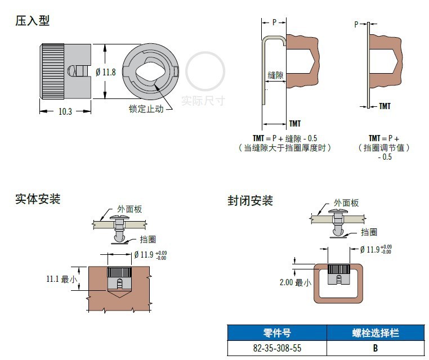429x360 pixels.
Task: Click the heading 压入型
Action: point(32,21)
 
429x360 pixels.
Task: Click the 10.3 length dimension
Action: point(65,111)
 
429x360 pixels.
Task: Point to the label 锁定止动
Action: point(146,109)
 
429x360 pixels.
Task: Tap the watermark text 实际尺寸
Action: point(203,101)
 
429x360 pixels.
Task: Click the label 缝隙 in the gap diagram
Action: point(275,75)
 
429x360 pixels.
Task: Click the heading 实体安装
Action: point(37,199)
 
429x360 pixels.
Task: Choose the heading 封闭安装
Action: point(250,201)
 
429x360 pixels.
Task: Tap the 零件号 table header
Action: point(277,332)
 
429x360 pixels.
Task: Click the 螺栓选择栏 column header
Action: point(374,332)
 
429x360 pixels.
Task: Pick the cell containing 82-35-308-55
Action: point(277,348)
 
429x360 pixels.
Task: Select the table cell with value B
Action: point(375,348)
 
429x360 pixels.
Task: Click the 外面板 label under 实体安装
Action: point(129,209)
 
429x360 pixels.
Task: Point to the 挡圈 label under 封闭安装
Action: point(369,232)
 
